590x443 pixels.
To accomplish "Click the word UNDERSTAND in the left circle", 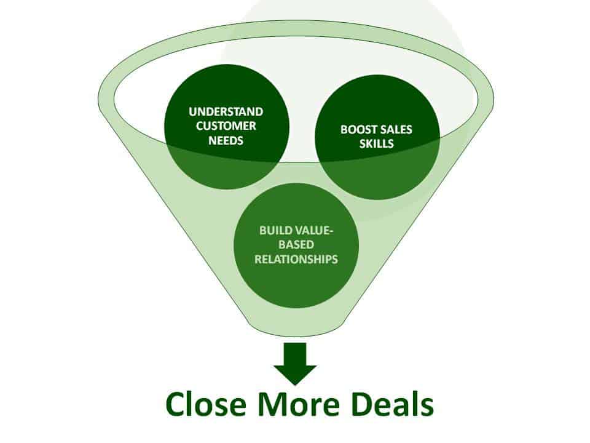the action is pos(226,112).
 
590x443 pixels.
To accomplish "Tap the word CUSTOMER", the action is pos(226,126).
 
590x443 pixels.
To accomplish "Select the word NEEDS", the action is pos(226,140).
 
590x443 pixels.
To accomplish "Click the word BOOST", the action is pos(358,130).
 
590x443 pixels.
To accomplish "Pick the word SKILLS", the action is pos(376,143).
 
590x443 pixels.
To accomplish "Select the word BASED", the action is pos(296,244).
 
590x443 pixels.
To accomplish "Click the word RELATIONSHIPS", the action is pos(296,259).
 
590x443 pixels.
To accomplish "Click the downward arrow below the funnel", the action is pos(295,364).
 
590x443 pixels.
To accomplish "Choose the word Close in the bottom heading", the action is pos(206,404).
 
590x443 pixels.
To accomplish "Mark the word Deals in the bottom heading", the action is pos(391,404).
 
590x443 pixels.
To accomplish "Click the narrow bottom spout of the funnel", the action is pos(296,328).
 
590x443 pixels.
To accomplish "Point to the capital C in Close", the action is pos(176,404).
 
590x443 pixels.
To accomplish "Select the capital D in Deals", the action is pos(361,404).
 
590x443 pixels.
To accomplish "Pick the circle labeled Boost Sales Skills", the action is pos(377,137).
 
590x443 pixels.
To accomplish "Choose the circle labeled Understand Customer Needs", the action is pos(227,127).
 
